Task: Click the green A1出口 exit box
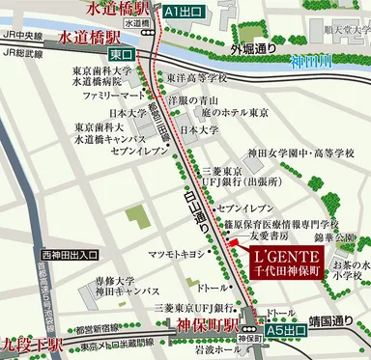184,12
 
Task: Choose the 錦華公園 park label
336,235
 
